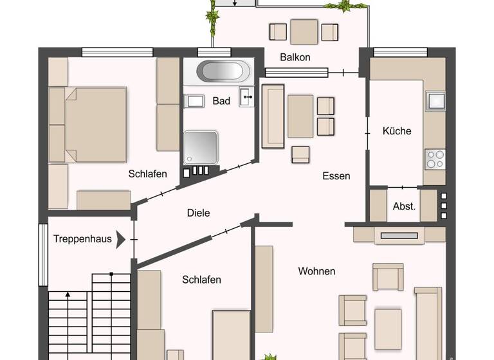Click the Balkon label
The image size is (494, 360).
(x=295, y=57)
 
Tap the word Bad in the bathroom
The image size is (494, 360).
(x=221, y=101)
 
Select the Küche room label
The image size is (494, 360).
(x=396, y=130)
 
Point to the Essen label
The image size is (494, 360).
(x=336, y=175)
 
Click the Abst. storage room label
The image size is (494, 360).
(x=404, y=206)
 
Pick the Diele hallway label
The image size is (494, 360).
(x=198, y=213)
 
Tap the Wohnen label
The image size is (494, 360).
(x=316, y=271)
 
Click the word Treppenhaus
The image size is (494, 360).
(x=82, y=239)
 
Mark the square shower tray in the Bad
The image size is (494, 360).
(x=200, y=147)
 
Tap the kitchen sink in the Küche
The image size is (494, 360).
(x=435, y=101)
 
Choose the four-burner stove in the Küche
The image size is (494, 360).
(x=435, y=158)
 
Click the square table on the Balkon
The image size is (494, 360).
(x=304, y=32)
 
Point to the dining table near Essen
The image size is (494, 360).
(x=300, y=116)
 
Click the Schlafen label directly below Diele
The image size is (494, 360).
(x=201, y=280)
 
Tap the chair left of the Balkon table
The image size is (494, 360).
(x=278, y=32)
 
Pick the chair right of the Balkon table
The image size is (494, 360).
(x=329, y=32)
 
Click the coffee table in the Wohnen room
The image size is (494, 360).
(x=389, y=320)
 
